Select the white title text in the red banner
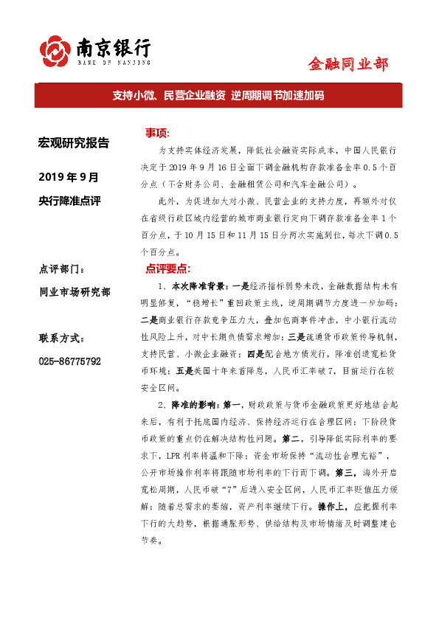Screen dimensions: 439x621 coord(218,96)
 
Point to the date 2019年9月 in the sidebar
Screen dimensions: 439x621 coord(68,177)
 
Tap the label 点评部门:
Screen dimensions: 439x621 coord(66,268)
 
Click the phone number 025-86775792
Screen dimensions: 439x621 coord(69,361)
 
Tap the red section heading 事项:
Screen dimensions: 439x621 coord(157,133)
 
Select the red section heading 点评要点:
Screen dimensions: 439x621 coord(167,268)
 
